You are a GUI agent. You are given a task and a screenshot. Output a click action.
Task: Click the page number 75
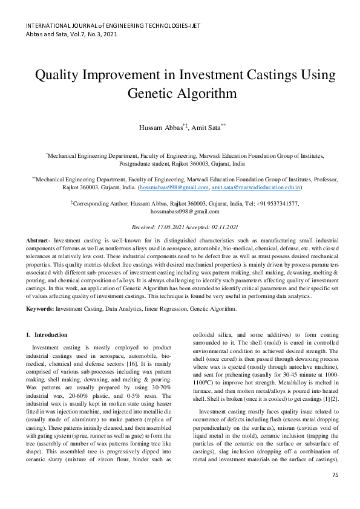(x=335, y=491)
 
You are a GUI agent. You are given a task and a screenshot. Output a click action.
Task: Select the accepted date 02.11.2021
(x=221, y=226)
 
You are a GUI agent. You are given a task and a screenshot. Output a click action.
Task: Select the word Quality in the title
(x=59, y=75)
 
